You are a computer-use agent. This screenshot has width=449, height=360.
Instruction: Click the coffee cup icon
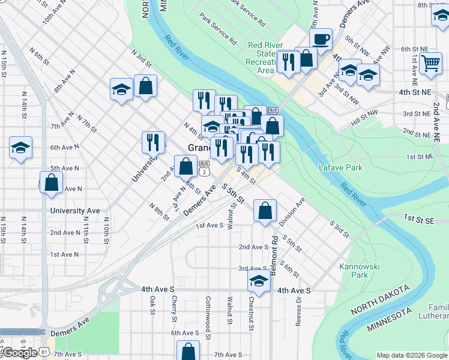click(321, 40)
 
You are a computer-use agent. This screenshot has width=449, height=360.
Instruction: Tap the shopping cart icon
click(430, 62)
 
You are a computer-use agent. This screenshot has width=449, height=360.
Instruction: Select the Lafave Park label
click(340, 167)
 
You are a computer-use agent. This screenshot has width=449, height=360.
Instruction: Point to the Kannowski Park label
click(353, 271)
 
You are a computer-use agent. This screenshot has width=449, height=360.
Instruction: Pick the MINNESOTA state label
click(390, 320)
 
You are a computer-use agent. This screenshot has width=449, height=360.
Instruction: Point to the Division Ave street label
click(292, 212)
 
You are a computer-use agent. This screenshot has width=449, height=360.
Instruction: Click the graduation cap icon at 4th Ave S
click(259, 281)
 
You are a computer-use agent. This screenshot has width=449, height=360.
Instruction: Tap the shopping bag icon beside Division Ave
click(265, 211)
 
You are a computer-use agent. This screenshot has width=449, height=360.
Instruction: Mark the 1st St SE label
click(418, 219)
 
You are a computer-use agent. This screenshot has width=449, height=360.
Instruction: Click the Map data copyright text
click(411, 355)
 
